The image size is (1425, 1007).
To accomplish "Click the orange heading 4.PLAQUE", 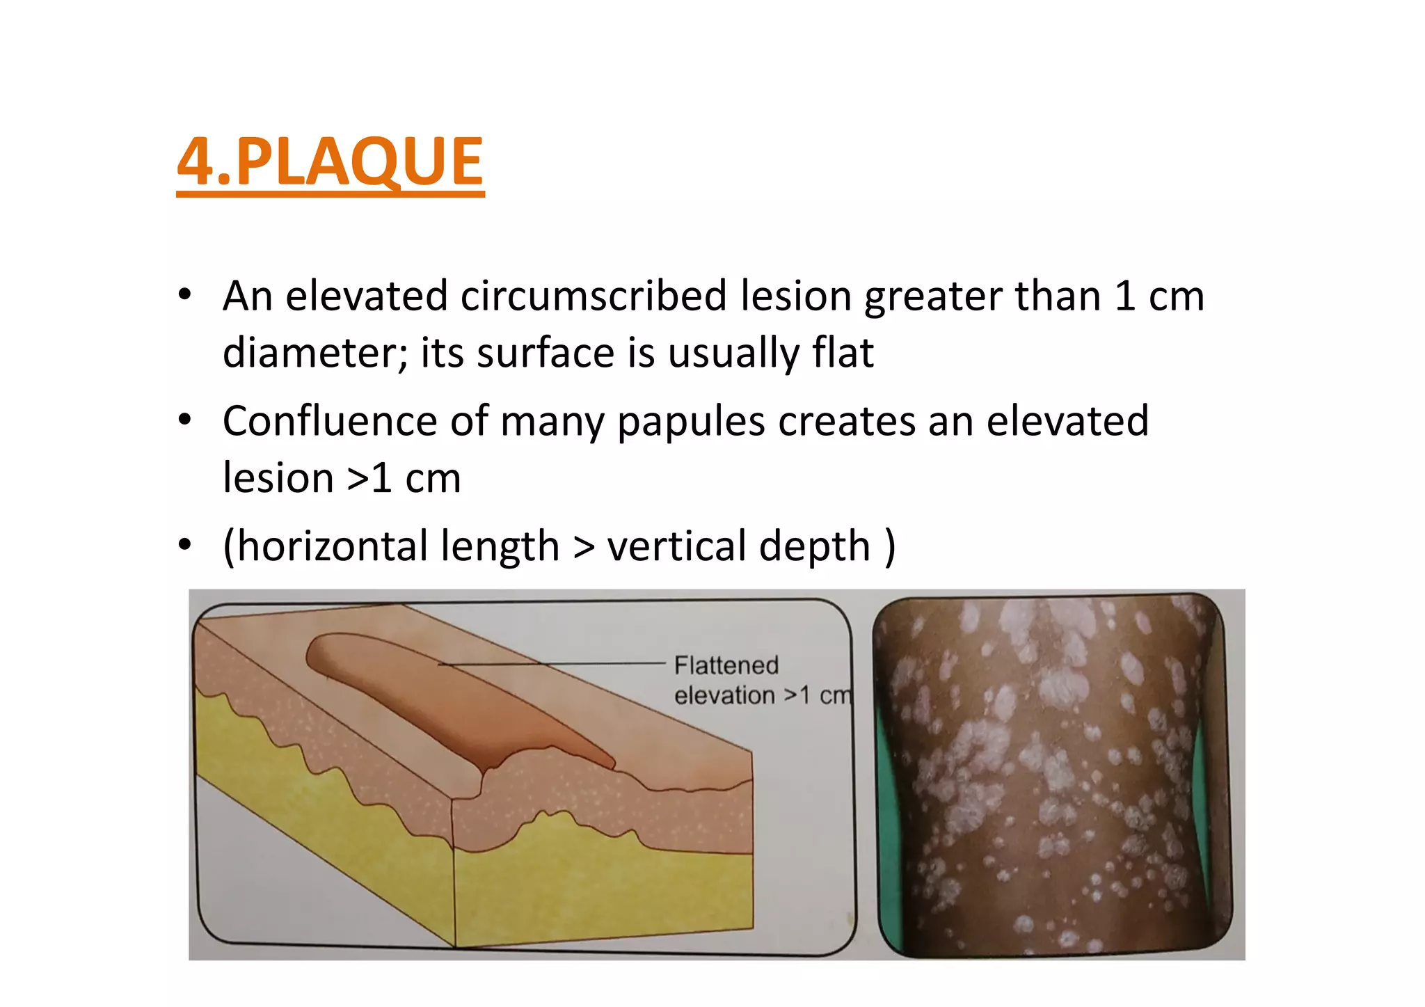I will (x=331, y=161).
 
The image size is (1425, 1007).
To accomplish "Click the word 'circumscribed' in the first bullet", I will (x=594, y=296).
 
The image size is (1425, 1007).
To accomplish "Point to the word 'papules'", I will (x=691, y=422).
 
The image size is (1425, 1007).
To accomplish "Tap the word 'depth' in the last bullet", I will (x=815, y=547).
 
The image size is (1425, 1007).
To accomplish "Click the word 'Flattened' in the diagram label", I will (x=726, y=665).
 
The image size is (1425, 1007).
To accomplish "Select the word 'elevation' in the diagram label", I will (x=724, y=695).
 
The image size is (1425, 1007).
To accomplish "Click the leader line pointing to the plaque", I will (x=557, y=664).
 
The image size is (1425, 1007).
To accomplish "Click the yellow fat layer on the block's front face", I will (x=598, y=891).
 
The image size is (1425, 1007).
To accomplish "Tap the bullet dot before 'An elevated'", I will (x=184, y=296).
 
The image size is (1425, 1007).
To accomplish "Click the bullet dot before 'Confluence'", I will (x=184, y=421).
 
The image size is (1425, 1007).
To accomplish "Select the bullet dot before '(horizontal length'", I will (x=184, y=546).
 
